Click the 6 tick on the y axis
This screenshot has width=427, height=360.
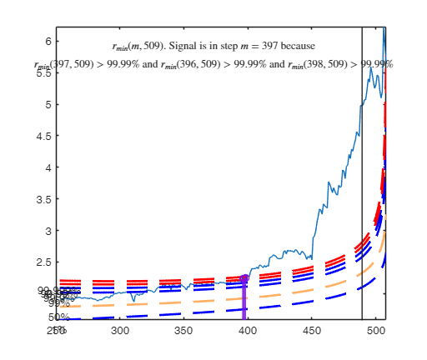(x=48, y=42)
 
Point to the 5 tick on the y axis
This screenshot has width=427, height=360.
(x=48, y=105)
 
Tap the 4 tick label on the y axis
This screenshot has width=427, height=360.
(x=48, y=167)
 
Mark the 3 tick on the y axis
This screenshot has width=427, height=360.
(x=48, y=231)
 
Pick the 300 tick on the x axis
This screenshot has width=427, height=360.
(x=121, y=331)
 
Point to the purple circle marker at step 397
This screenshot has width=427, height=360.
(x=244, y=278)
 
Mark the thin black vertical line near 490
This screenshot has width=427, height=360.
(x=362, y=167)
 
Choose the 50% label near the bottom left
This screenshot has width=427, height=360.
(x=58, y=317)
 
